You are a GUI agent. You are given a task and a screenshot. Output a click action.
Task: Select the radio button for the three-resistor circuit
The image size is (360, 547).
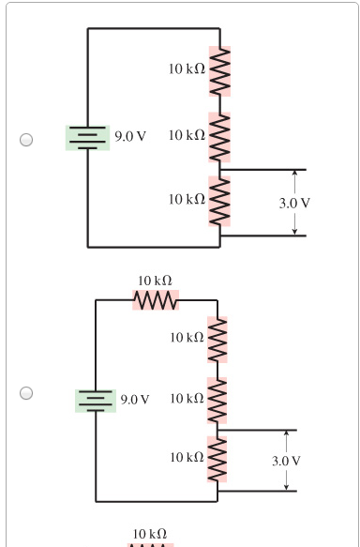point(27,140)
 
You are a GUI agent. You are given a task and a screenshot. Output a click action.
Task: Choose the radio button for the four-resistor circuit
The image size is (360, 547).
point(27,392)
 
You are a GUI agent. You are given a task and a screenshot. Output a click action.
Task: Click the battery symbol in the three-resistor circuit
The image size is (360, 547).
point(87,136)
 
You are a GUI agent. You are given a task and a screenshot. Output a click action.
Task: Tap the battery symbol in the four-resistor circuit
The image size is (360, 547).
point(95,400)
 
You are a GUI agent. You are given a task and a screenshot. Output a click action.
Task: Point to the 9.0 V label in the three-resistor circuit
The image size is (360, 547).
point(129,137)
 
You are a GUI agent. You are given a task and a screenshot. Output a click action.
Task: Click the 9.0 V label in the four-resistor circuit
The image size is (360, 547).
point(137,400)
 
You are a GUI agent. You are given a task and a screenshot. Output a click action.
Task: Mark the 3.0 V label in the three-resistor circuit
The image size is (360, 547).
point(294,203)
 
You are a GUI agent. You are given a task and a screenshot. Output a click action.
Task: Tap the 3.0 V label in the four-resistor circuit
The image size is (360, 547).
point(286,461)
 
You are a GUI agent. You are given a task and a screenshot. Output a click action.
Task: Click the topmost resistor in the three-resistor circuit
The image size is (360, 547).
point(220,72)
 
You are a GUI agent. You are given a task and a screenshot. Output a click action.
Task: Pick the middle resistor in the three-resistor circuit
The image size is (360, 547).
point(220,137)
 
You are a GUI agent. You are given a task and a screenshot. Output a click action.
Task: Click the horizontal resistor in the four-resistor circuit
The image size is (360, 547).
point(156,301)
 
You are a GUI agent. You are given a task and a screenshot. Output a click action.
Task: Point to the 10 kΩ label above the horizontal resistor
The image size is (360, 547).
point(155,281)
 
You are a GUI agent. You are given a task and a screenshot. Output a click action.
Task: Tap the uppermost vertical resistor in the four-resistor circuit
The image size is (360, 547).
point(218,336)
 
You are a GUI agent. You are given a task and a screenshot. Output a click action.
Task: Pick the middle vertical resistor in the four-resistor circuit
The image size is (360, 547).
point(218,399)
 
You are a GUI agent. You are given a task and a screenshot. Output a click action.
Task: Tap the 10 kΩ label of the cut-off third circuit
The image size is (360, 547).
point(151,533)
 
